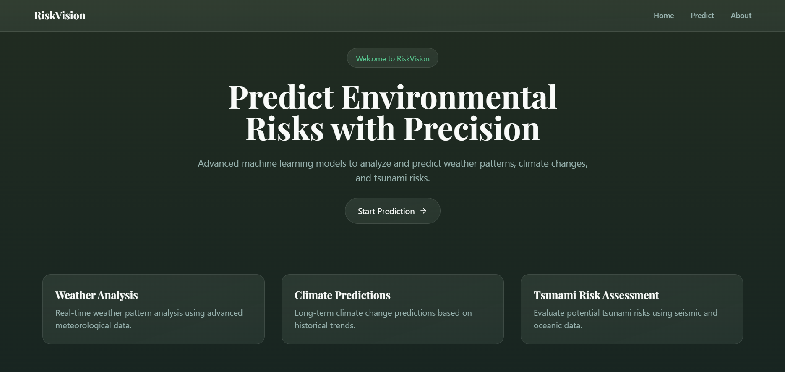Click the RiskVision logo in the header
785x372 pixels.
tap(60, 16)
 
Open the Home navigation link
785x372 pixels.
tap(663, 16)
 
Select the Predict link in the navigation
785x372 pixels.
tap(702, 16)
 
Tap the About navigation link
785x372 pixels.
tap(741, 16)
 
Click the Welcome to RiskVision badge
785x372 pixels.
tap(392, 58)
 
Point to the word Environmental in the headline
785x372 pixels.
tap(449, 97)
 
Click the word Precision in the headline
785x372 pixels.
tap(471, 129)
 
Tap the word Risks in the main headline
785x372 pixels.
tap(284, 129)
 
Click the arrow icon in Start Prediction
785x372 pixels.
tap(423, 211)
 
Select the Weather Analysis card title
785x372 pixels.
tap(96, 295)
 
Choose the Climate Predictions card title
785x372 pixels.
tap(342, 295)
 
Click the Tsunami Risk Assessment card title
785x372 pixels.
tap(596, 295)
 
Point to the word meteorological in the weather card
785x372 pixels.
tap(81, 325)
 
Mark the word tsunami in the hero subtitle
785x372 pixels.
tap(390, 178)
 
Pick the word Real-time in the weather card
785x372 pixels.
tap(73, 313)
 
